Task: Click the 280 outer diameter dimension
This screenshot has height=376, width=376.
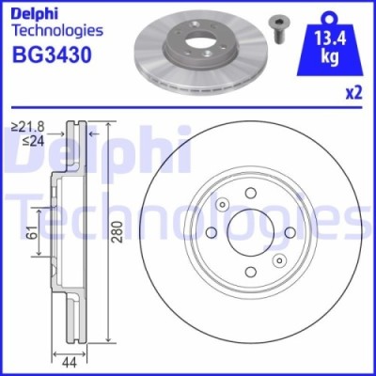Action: point(117,234)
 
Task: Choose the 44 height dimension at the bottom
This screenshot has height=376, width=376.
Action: point(69,359)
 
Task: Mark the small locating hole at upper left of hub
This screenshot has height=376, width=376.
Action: point(223,206)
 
